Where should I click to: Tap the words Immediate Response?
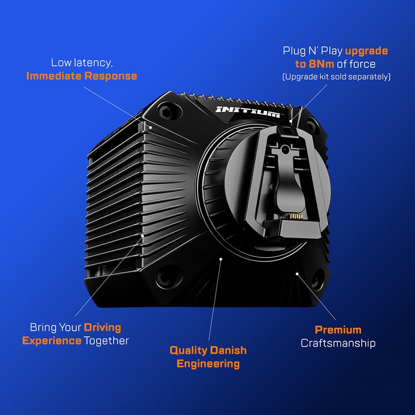82,76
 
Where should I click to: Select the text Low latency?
82,63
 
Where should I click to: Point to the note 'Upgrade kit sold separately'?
336,77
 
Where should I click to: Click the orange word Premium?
338,330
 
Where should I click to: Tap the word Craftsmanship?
338,343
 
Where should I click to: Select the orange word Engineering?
208,364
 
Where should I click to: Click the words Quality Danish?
208,350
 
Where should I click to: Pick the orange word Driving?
102,327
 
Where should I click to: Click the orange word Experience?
52,341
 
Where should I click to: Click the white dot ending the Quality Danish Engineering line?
221,259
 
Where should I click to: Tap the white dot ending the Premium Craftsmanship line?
298,274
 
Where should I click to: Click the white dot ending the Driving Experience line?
143,235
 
